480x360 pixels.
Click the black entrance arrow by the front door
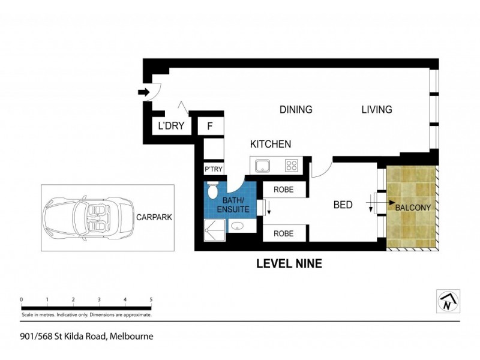tap(143, 92)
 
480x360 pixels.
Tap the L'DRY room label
tap(170, 127)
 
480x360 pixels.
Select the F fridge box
tap(210, 127)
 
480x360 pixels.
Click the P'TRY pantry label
tap(214, 169)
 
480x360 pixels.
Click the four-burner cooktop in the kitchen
tap(292, 165)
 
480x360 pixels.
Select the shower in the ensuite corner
tap(214, 229)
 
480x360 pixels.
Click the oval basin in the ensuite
tap(238, 227)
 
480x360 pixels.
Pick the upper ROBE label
tap(284, 189)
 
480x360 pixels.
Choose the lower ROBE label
tap(284, 233)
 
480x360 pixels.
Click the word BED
tap(343, 205)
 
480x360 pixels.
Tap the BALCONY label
tap(413, 208)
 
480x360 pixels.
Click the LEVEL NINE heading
tap(289, 263)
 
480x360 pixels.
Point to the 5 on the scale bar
tap(151, 299)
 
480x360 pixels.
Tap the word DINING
tap(296, 110)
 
